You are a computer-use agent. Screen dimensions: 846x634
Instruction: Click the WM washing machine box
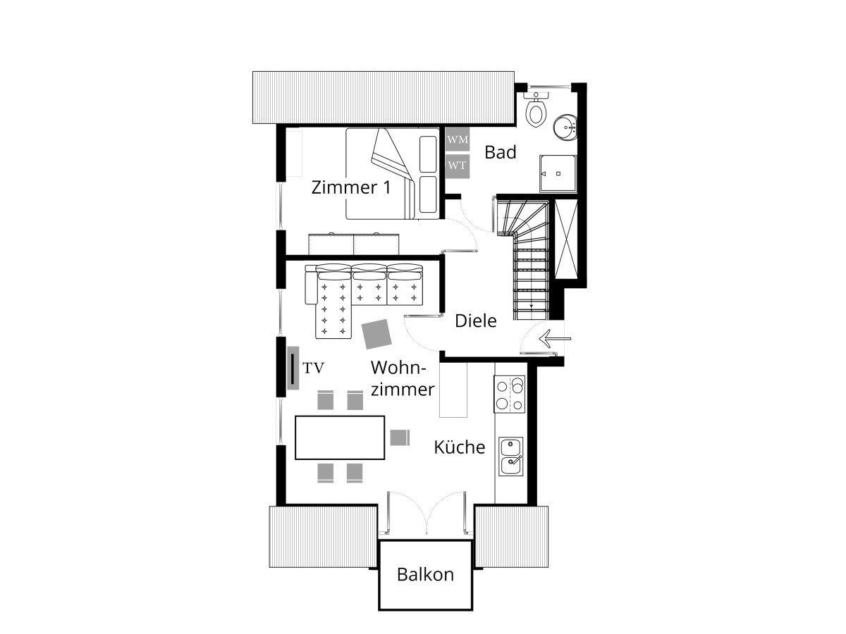tap(457, 139)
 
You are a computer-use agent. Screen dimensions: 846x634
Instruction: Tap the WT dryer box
tap(457, 166)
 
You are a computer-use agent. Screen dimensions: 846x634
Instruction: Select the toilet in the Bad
tap(536, 110)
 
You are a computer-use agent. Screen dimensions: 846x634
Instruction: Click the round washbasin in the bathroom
tap(565, 127)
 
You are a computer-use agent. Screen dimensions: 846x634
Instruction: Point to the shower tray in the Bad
tap(558, 173)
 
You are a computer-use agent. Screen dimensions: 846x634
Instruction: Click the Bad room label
tap(501, 152)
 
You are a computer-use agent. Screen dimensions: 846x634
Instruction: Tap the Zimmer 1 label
tap(350, 187)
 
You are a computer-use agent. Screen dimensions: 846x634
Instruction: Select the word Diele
tap(476, 321)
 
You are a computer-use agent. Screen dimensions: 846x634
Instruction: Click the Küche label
tap(460, 447)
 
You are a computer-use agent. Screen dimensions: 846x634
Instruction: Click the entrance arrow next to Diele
tap(555, 339)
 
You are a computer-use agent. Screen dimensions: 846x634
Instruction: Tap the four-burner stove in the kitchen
tap(510, 394)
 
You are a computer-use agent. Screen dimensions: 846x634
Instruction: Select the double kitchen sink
tap(510, 456)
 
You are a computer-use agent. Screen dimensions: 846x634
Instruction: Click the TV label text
tap(313, 368)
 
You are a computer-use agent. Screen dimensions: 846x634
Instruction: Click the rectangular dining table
tap(340, 437)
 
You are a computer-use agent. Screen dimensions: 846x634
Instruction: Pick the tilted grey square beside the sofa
tap(376, 334)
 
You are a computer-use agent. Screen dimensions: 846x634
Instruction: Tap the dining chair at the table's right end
tap(400, 437)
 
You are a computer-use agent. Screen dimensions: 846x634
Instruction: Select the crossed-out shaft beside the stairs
tap(566, 239)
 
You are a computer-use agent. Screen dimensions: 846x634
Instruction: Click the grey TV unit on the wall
tap(293, 368)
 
